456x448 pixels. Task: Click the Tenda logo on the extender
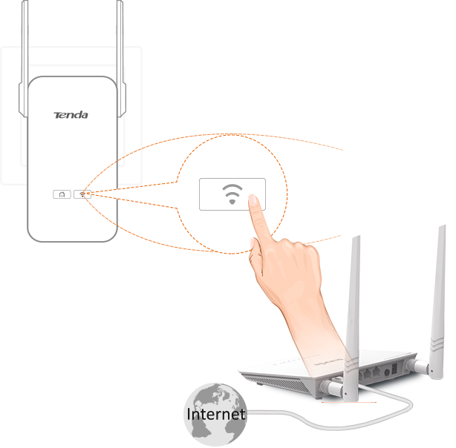pos(71,115)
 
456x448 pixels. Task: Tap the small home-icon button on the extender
pos(62,194)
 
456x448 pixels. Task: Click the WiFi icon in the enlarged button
pos(232,194)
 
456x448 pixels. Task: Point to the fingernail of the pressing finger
pos(253,200)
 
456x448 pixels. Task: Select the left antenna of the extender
pos(25,58)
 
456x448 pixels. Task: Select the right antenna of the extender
pos(120,58)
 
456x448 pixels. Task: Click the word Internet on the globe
pos(216,414)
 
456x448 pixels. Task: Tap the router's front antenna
pos(352,320)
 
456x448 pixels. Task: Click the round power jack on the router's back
pos(387,372)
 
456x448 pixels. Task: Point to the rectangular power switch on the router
pos(394,369)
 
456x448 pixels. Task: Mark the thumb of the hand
pos(256,256)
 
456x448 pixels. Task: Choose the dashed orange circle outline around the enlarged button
pos(287,193)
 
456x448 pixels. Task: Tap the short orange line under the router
pos(349,403)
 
